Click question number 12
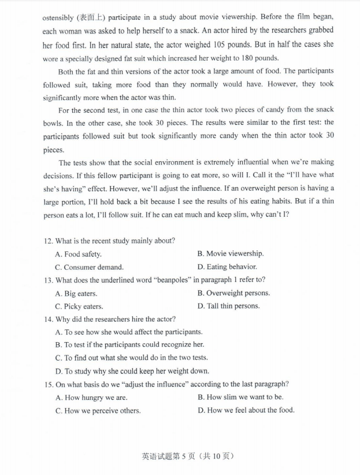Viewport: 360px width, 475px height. [x=48, y=240]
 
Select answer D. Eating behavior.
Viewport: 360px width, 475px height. [x=227, y=267]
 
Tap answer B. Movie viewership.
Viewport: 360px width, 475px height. [x=230, y=254]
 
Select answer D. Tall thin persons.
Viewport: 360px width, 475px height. [x=228, y=306]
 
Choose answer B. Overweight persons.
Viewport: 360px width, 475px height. [x=233, y=293]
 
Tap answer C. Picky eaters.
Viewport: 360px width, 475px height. [x=79, y=307]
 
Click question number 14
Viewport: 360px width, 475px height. [x=48, y=319]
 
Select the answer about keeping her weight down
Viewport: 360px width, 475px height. [x=132, y=372]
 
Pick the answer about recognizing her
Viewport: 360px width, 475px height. [x=129, y=345]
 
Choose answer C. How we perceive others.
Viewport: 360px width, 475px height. [x=98, y=411]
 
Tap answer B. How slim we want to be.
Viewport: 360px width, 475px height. [x=240, y=397]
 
